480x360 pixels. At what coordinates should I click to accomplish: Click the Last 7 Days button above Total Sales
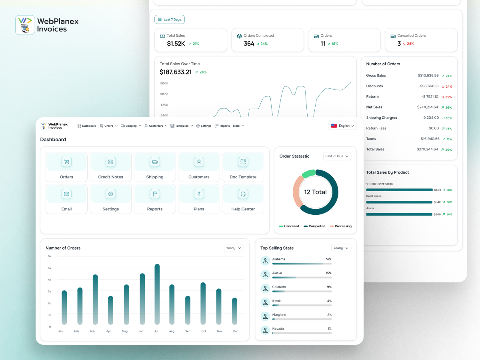point(170,20)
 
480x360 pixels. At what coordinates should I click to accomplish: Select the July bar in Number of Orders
point(157,294)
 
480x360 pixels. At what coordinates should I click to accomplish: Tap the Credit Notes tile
point(111,167)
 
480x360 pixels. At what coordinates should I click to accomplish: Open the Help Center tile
point(243,199)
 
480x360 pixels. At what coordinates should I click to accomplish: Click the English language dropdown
point(342,126)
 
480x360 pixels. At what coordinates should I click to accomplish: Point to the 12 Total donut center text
point(315,192)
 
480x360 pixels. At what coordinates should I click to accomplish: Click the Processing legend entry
point(341,226)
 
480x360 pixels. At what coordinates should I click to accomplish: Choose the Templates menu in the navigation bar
point(182,126)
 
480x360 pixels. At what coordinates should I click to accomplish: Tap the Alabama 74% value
point(328,259)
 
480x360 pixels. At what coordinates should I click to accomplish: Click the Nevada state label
point(278,328)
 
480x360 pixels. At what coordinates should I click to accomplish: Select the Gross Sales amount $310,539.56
point(428,76)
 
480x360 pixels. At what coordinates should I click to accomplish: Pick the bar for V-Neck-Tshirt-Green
point(399,190)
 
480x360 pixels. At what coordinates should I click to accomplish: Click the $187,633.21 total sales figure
point(176,72)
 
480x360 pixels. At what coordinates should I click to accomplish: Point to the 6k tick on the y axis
point(50,256)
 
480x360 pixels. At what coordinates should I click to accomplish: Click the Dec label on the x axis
point(236,331)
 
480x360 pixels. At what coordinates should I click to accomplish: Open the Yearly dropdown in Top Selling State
point(341,248)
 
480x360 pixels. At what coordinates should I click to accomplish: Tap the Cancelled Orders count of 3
point(399,44)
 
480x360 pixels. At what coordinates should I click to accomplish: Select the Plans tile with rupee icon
point(199,199)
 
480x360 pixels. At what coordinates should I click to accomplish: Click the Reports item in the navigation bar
point(223,126)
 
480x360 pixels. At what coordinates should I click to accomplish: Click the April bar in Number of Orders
point(110,310)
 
